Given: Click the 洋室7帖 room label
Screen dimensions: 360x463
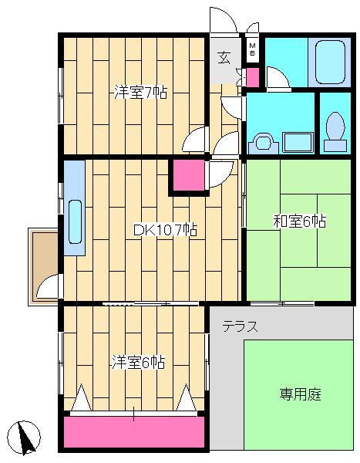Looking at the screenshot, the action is [140, 92].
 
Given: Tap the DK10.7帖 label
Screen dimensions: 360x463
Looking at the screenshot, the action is [165, 230].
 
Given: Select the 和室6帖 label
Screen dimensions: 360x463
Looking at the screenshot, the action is [300, 221].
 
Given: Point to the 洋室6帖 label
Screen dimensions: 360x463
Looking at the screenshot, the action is [138, 362].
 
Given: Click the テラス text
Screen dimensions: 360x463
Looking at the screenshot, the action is [241, 326].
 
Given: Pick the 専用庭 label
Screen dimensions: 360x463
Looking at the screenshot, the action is [300, 394].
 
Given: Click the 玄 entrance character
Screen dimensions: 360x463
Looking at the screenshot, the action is [224, 57].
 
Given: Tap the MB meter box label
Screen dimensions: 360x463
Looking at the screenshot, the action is [252, 49].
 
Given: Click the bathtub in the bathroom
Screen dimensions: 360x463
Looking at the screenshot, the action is [330, 63].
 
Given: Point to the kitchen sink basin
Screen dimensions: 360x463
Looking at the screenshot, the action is [75, 221].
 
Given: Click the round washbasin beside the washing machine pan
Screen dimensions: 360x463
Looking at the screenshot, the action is [263, 144].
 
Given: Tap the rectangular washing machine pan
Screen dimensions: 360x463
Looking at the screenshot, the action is [298, 143].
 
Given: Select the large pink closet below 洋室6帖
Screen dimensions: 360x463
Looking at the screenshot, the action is [134, 432].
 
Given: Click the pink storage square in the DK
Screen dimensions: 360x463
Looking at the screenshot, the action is [189, 175].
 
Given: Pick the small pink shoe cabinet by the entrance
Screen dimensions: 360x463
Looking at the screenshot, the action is [253, 77].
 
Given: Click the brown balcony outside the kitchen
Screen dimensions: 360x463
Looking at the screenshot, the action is [45, 266].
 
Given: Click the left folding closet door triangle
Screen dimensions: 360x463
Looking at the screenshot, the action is [82, 397].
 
